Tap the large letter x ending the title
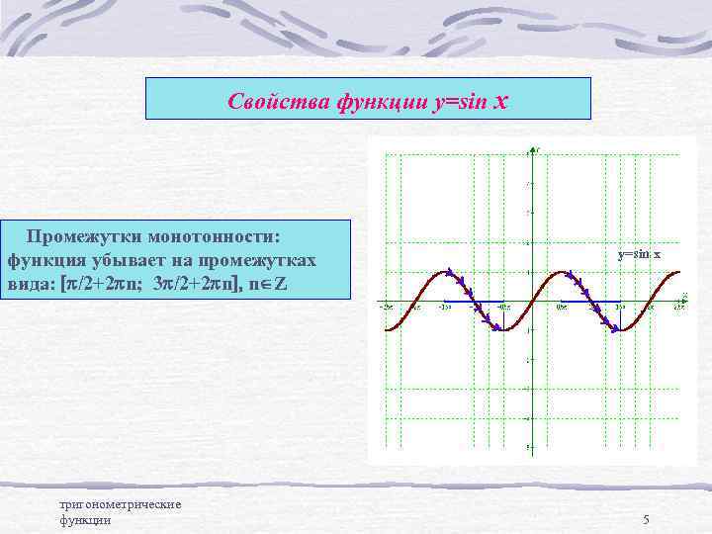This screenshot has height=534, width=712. point(499,99)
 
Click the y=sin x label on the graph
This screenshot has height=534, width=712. point(639,255)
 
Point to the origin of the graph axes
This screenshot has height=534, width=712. point(528,301)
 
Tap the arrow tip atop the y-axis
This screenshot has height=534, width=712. point(528,149)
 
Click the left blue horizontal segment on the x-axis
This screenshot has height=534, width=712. point(474,301)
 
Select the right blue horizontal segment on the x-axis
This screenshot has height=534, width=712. point(590,301)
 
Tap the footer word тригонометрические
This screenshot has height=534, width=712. point(121,504)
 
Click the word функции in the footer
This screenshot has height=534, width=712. point(85,520)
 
